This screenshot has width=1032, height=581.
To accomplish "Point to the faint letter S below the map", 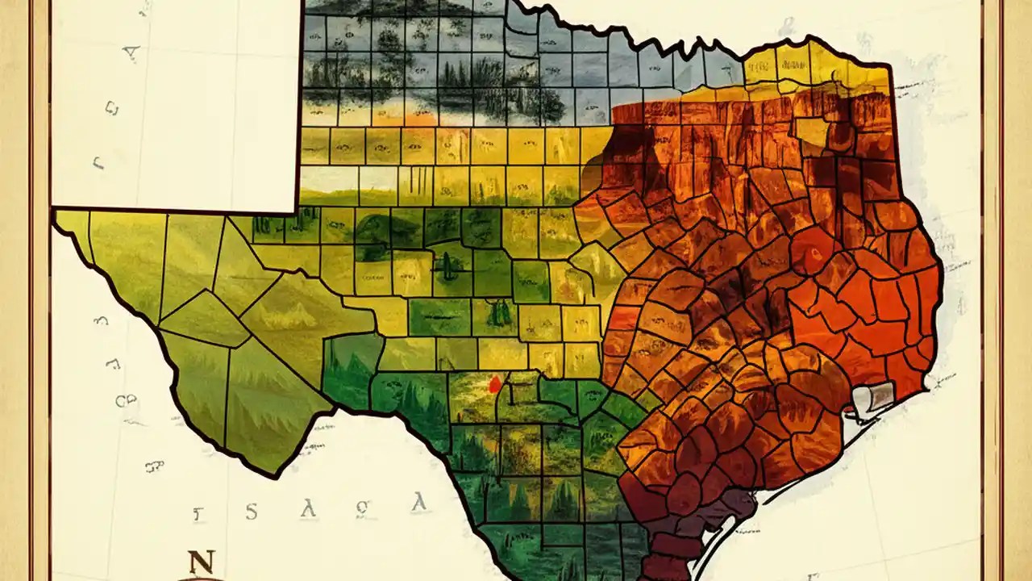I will click(x=252, y=511).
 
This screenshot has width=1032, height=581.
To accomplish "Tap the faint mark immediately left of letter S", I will click(x=197, y=512).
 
